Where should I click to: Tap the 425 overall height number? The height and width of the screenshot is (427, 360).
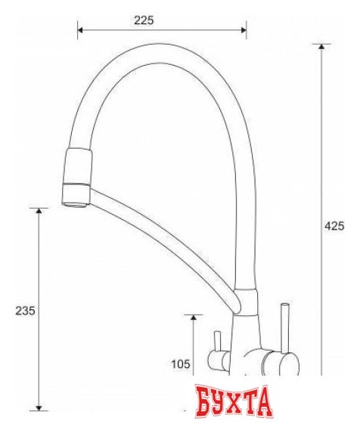pyautogui.click(x=335, y=224)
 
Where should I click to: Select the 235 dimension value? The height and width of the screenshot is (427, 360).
pyautogui.click(x=25, y=311)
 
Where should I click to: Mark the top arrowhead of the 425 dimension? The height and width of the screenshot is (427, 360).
pyautogui.click(x=323, y=48)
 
